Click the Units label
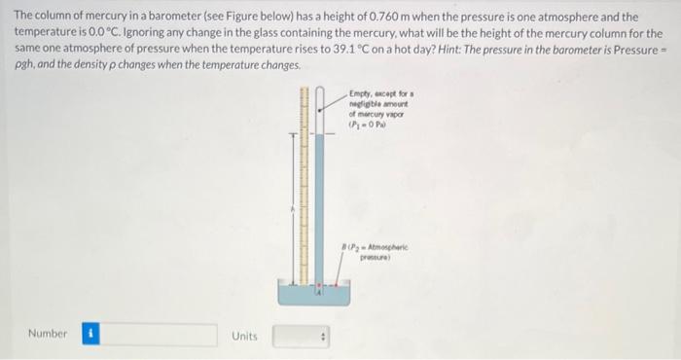pos(244,336)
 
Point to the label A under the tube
pos(318,289)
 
